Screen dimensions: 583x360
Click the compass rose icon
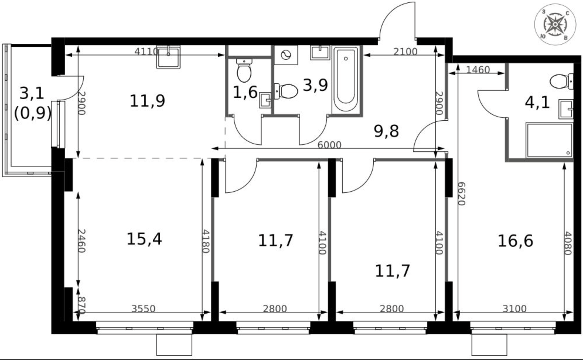[x=555, y=24]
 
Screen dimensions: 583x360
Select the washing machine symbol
[x=286, y=55]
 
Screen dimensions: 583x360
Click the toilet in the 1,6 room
[x=244, y=70]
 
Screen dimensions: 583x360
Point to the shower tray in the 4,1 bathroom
[x=549, y=140]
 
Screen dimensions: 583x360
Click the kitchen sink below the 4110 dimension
[x=168, y=57]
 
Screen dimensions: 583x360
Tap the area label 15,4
[x=144, y=239]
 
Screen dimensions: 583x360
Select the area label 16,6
[x=515, y=241]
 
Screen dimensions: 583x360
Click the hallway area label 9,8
[x=386, y=131]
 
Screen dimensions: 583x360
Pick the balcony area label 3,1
[x=32, y=93]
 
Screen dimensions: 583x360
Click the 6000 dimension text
[x=330, y=145]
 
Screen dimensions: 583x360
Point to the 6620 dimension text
[x=461, y=194]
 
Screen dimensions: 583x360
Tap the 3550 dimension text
[x=143, y=309]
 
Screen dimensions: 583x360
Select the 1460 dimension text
[x=478, y=70]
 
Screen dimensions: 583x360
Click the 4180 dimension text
[x=205, y=241]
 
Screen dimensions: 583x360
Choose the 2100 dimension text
[x=405, y=52]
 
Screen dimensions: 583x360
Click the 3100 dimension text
[x=514, y=309]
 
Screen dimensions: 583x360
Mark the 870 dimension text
[x=82, y=306]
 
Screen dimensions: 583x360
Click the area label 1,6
[x=245, y=92]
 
